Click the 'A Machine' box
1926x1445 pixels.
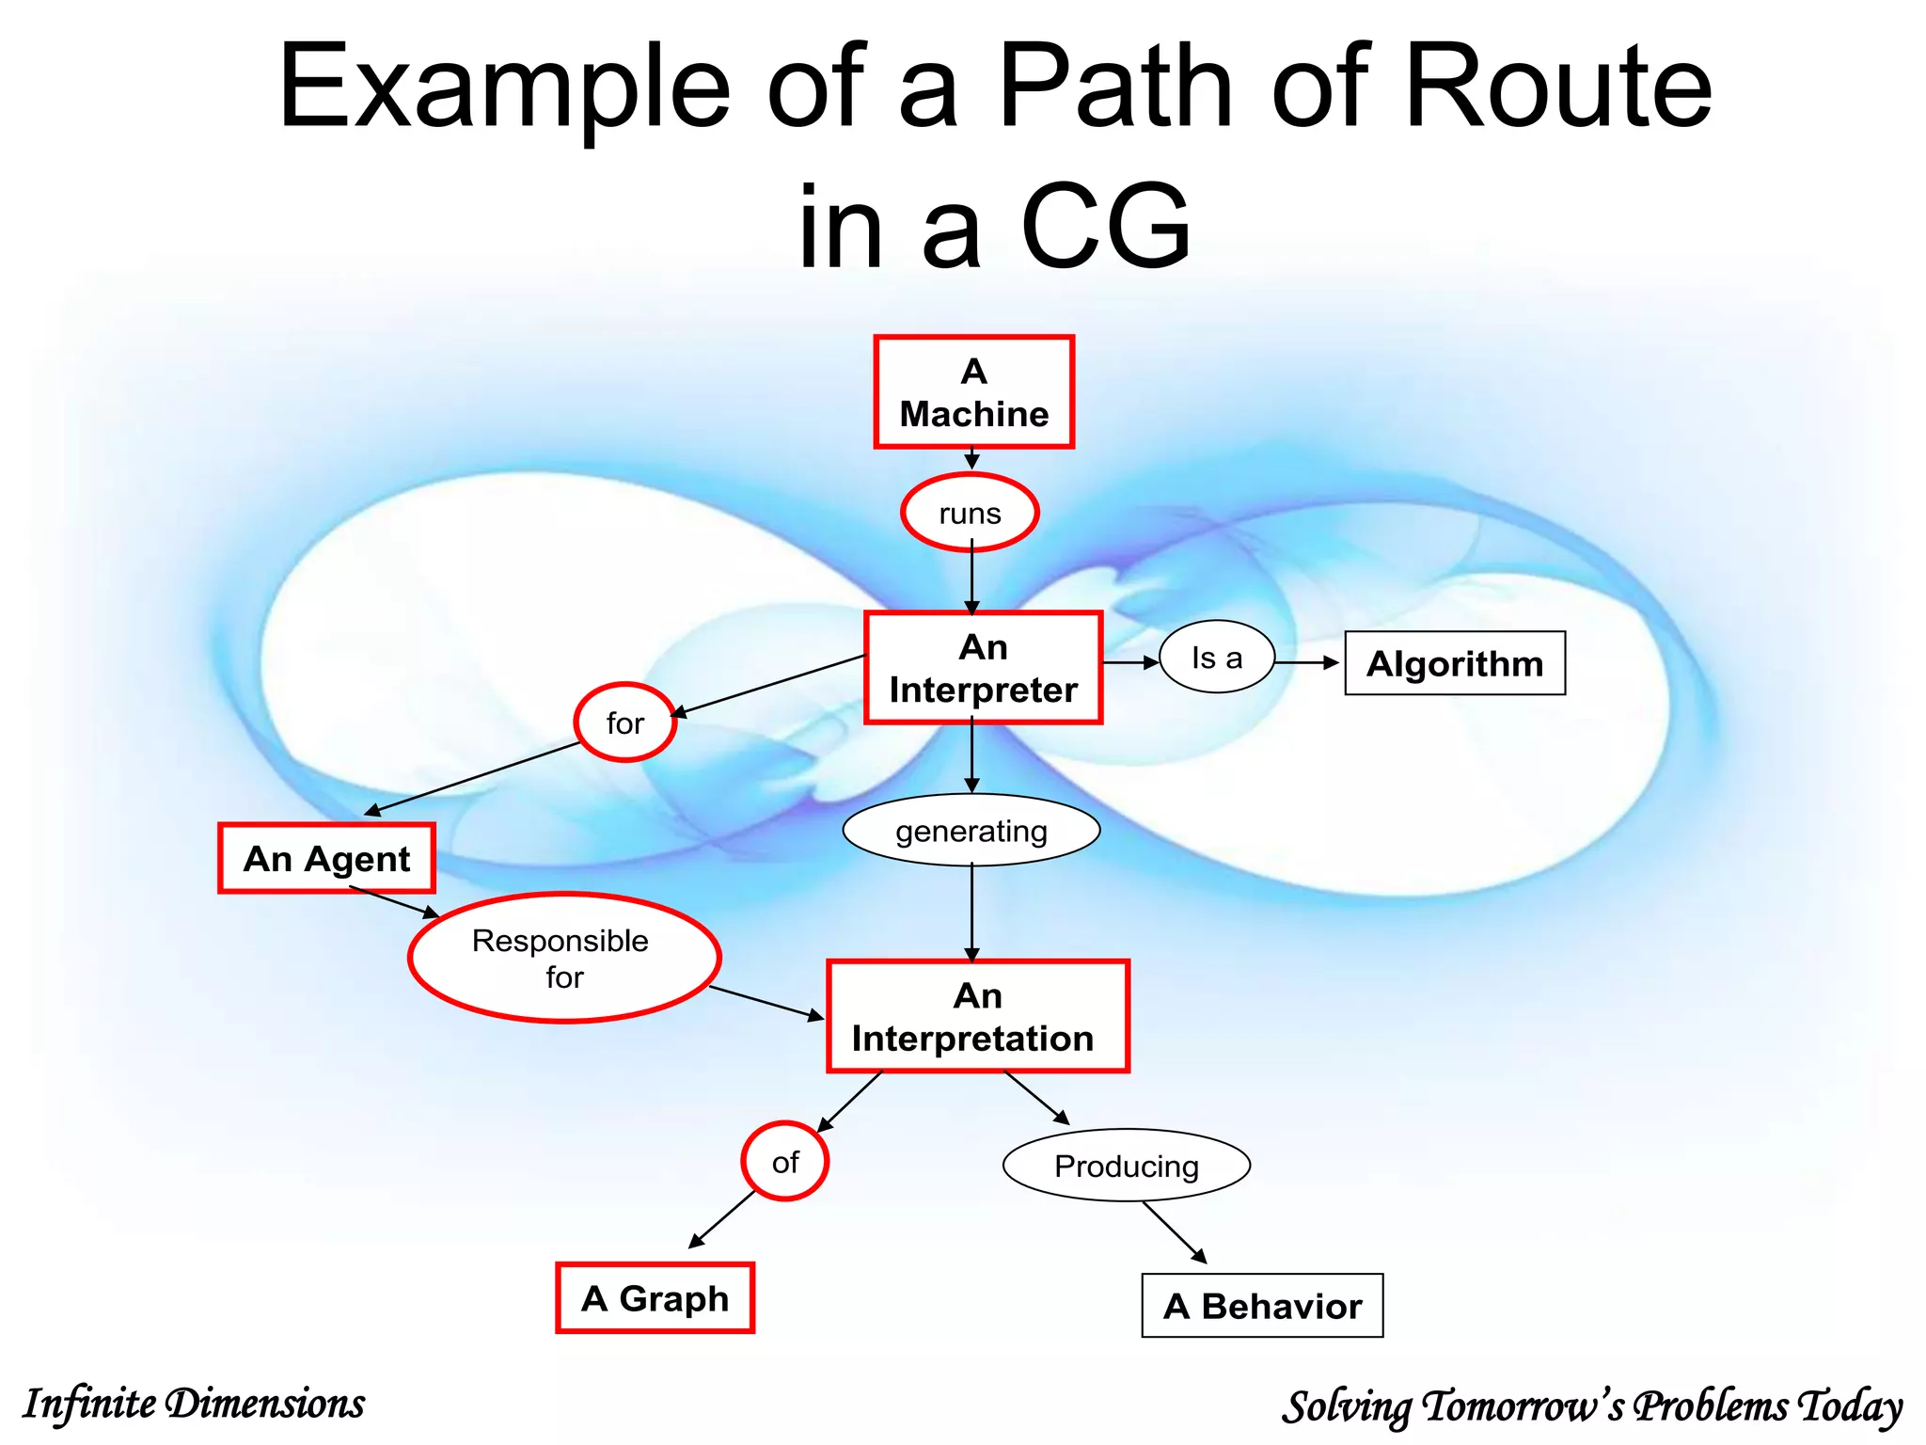973,391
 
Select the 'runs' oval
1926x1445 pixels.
970,513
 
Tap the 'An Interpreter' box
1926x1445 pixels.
983,668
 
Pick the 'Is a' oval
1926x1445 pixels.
1217,658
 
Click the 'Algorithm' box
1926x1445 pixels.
1455,663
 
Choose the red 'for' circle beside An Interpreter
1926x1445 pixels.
625,722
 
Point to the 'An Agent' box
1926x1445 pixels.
326,858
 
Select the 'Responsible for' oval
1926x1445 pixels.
564,958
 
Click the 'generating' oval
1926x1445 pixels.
971,831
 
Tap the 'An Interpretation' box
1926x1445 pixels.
977,1016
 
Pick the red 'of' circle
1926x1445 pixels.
785,1162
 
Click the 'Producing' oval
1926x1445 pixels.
1127,1166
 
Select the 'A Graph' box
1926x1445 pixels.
655,1298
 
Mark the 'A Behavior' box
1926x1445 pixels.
1262,1306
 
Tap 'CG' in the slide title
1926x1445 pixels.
1106,226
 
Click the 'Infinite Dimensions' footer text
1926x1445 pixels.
194,1404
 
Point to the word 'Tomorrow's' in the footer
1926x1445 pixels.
1523,1406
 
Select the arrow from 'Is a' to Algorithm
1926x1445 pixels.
1307,663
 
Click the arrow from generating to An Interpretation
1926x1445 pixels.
972,913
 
